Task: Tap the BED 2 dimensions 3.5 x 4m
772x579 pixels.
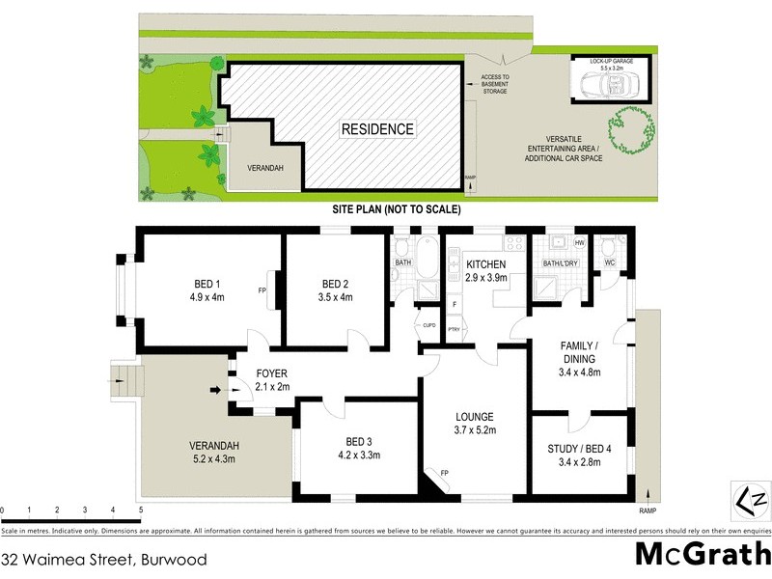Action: pos(337,297)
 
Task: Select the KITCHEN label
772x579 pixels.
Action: pos(486,264)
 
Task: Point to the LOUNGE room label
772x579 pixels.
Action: pos(476,418)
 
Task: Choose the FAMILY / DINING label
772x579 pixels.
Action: pos(581,351)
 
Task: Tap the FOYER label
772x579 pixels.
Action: pos(271,372)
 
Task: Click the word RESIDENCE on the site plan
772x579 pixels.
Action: pos(377,128)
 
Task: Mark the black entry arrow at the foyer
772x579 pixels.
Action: pos(215,391)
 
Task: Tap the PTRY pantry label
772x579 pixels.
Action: pos(453,330)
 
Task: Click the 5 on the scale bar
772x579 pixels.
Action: pos(141,510)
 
